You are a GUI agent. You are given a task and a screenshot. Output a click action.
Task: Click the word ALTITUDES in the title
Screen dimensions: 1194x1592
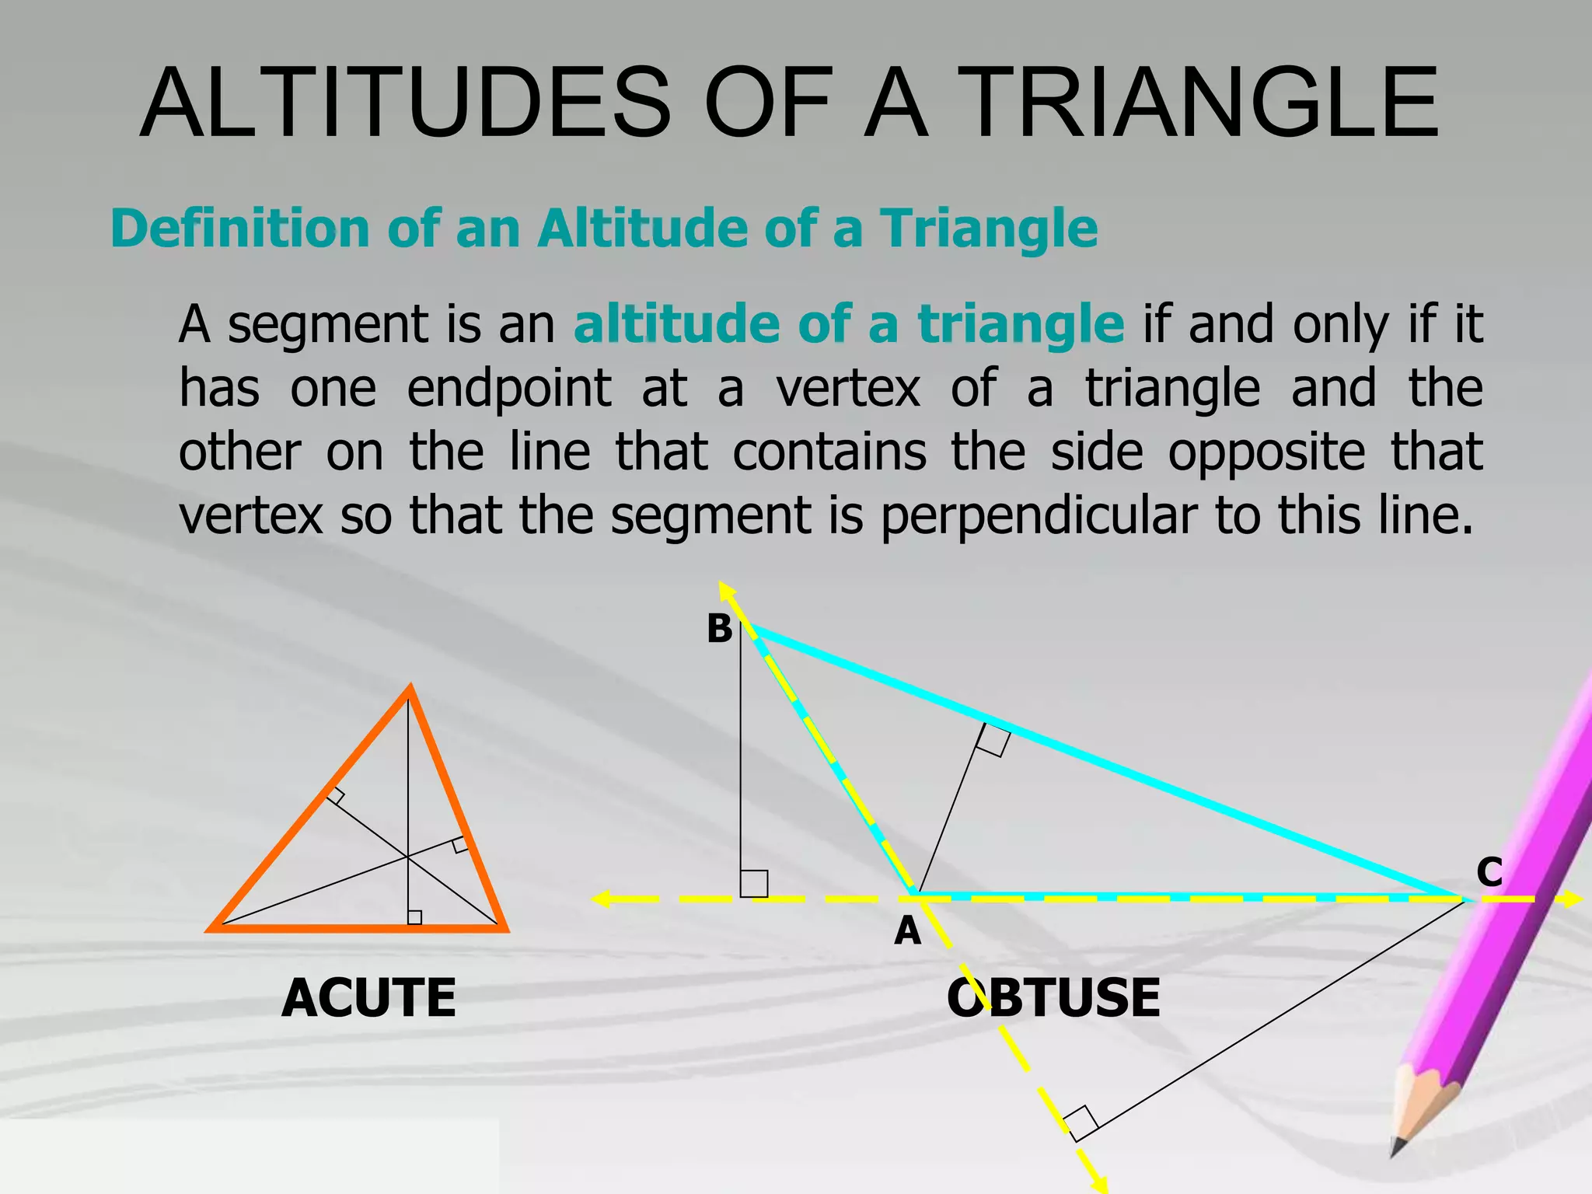click(405, 103)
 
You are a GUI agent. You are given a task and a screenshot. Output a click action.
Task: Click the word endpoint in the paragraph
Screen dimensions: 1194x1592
click(508, 388)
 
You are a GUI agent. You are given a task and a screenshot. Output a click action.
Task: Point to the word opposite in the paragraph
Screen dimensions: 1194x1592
click(1266, 452)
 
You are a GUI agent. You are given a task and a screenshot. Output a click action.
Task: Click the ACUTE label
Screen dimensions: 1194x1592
click(368, 998)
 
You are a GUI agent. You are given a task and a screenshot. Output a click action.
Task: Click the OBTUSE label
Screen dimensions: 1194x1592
click(1053, 998)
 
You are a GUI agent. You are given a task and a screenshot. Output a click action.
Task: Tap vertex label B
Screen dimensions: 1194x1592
click(719, 629)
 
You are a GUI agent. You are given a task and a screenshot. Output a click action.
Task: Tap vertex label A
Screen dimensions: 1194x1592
click(907, 930)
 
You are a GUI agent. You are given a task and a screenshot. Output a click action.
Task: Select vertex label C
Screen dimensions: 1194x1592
click(1489, 871)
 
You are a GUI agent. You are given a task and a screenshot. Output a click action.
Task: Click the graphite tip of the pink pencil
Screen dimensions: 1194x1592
click(1398, 1147)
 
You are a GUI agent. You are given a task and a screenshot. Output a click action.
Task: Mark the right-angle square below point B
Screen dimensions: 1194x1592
click(754, 884)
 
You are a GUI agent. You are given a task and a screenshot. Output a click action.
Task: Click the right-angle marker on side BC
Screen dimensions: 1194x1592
click(993, 739)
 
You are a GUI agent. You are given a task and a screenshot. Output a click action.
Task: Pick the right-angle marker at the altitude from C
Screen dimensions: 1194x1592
click(1080, 1123)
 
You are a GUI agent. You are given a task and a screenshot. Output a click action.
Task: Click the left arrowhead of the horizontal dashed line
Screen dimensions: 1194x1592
click(601, 899)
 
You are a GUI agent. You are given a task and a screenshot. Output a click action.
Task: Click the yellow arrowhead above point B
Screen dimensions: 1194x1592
click(726, 590)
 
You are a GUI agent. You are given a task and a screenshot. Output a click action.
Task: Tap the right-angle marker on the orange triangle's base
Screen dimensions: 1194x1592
click(415, 917)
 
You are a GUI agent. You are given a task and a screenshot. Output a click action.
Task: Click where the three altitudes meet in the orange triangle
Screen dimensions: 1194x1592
click(408, 857)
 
